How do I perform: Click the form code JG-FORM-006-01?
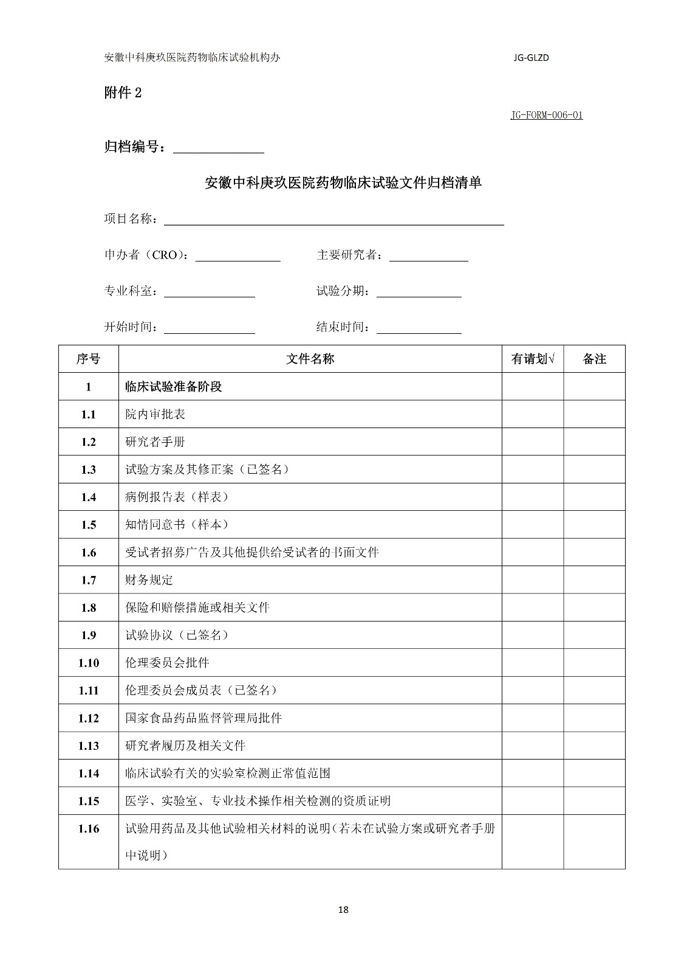tap(546, 115)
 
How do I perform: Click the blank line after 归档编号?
tap(219, 147)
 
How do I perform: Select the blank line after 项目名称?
tap(334, 220)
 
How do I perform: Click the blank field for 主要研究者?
tap(428, 256)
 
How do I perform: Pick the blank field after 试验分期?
tap(419, 292)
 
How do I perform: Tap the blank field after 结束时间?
tap(419, 328)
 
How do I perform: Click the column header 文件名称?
tap(310, 359)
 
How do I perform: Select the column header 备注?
tap(594, 359)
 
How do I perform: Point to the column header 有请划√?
tap(533, 359)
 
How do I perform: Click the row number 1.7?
tap(89, 580)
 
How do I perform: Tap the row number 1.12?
tap(89, 718)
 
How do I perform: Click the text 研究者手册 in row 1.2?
tap(155, 442)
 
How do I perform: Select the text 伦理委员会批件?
tap(167, 663)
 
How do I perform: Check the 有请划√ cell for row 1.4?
tap(533, 497)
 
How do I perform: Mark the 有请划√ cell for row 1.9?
tap(533, 635)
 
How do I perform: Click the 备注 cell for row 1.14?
tap(594, 774)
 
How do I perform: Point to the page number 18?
tap(343, 910)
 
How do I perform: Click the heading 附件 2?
tap(123, 93)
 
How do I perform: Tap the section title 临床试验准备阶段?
tap(173, 387)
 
